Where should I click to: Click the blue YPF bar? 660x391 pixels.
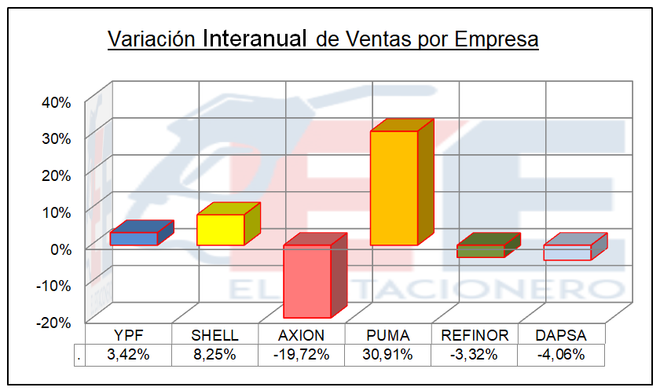[x=134, y=238]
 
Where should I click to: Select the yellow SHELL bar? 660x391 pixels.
[x=220, y=229]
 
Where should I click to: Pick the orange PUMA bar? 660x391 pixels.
[x=394, y=187]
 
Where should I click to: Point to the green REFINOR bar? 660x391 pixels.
[x=480, y=251]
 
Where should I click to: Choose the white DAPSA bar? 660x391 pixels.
[x=566, y=253]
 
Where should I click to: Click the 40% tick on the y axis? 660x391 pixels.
[x=56, y=102]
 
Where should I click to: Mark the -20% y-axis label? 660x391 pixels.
[x=53, y=322]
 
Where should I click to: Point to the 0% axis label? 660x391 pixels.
[x=60, y=249]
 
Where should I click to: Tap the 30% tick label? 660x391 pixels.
[x=56, y=138]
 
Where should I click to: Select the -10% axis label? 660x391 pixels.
[x=53, y=285]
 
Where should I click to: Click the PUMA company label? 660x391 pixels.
[x=388, y=335]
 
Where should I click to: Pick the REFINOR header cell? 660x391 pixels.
[x=475, y=335]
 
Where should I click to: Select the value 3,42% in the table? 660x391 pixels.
[x=129, y=354]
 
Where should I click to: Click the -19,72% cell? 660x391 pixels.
[x=302, y=354]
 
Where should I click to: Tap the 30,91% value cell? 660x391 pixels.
[x=388, y=354]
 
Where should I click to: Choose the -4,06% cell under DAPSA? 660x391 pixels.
[x=561, y=354]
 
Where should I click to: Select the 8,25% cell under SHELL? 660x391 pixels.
[x=215, y=354]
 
